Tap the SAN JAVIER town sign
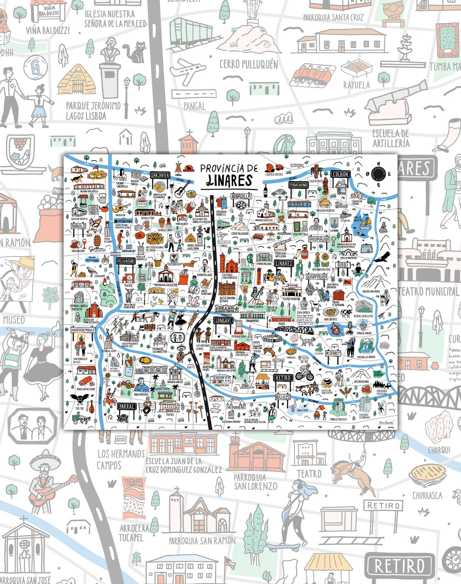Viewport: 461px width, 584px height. [160, 175]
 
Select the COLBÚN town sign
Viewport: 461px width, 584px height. [340, 174]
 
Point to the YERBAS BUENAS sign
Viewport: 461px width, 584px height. [298, 185]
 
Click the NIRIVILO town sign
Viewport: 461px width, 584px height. [78, 226]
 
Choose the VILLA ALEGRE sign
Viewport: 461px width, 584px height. [126, 261]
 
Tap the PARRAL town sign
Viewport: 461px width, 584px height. [126, 406]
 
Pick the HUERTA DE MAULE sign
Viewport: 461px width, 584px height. [83, 330]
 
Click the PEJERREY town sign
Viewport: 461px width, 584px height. [333, 353]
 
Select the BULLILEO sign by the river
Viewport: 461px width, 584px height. [282, 397]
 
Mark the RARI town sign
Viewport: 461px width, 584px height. [343, 265]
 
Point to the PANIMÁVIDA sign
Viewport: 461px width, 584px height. [319, 239]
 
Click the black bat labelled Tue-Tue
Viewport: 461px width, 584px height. [78, 399]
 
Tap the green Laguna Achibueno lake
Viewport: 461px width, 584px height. [378, 374]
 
